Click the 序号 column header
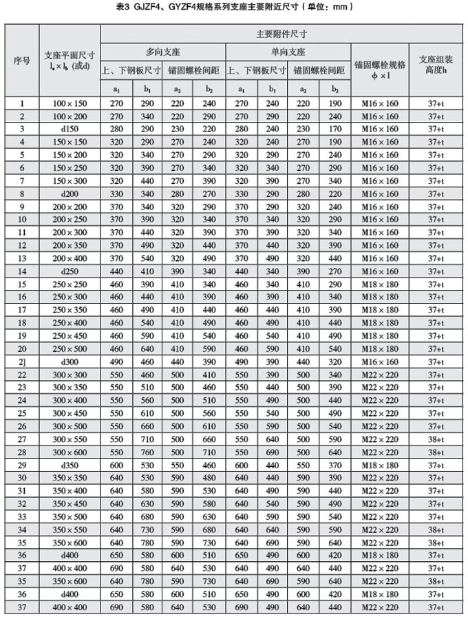[22, 61]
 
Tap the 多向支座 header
[163, 52]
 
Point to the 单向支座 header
[288, 52]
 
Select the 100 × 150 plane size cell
[70, 103]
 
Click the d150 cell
[70, 129]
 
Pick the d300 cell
[70, 361]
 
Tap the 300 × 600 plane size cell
[70, 452]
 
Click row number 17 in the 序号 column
[22, 309]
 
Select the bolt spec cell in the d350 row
[380, 465]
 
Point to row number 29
[22, 465]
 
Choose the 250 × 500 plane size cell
[70, 348]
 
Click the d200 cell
[70, 193]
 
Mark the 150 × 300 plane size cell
[70, 180]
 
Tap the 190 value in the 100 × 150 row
[335, 103]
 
